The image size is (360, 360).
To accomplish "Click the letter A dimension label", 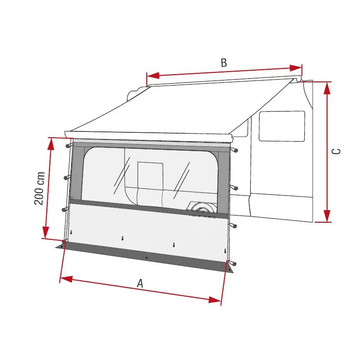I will pos(140,283).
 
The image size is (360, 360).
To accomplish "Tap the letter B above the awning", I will pos(224,63).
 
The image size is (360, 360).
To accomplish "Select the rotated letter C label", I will pos(336,151).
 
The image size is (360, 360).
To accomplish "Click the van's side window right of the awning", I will pos(282,126).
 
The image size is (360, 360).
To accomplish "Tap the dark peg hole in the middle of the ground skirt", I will pos(146,258).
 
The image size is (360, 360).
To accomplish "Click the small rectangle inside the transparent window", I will pos(150,175).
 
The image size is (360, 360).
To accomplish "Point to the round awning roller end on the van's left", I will pos(133,95).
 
